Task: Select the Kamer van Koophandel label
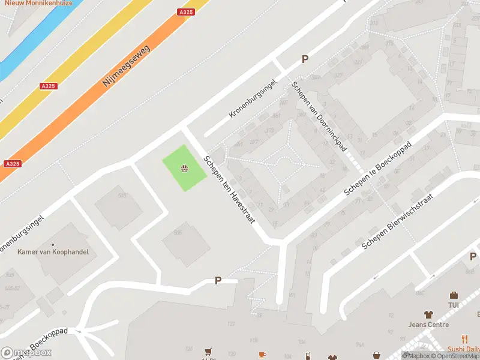point(53,252)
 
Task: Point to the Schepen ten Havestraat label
point(229,190)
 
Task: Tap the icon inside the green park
point(185,169)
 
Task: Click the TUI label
point(454,305)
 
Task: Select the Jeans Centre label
point(428,325)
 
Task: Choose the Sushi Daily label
point(464,349)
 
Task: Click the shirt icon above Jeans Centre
point(428,314)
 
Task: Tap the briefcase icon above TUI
point(454,295)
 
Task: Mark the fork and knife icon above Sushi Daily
point(464,339)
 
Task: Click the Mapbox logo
point(26,353)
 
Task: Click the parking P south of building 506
point(218,280)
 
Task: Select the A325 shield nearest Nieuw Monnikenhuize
point(185,12)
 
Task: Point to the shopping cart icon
point(208,352)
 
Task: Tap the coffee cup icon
point(262,355)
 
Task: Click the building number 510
point(122,196)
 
